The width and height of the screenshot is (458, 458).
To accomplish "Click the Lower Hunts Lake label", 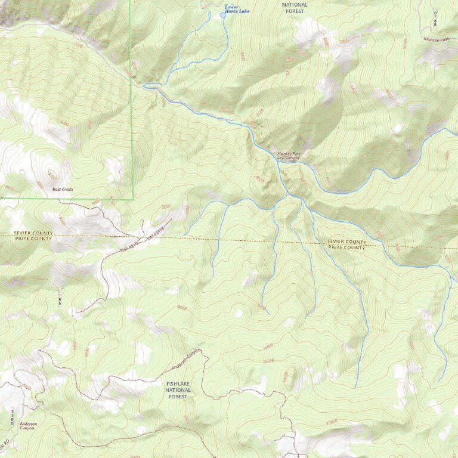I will [236, 9].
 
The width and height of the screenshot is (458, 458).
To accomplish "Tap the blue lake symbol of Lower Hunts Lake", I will [224, 14].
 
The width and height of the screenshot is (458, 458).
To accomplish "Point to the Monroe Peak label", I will [435, 39].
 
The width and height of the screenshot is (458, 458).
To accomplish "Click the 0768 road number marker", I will [436, 18].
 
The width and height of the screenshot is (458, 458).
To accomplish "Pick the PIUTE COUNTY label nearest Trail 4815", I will [33, 239].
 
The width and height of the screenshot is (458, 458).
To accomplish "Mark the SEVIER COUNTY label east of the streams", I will [346, 242].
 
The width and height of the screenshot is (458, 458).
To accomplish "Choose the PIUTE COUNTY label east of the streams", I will [346, 247].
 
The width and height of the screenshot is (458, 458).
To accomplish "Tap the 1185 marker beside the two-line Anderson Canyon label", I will [12, 417].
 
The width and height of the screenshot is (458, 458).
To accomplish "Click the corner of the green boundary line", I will [132, 199].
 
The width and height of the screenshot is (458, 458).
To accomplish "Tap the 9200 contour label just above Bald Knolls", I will [52, 175].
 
